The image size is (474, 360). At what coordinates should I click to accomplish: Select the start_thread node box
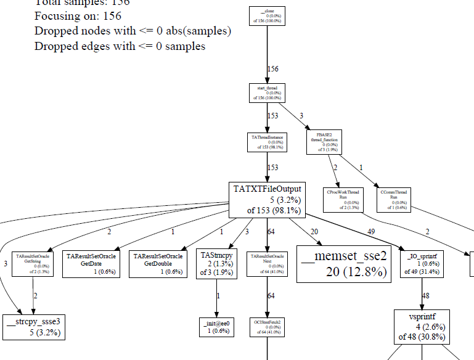pyautogui.click(x=267, y=92)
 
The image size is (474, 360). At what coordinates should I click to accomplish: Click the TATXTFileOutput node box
pyautogui.click(x=267, y=199)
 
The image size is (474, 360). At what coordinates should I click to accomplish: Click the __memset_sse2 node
pyautogui.click(x=343, y=264)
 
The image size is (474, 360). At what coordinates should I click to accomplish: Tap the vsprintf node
pyautogui.click(x=422, y=326)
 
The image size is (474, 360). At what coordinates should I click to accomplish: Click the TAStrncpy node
pyautogui.click(x=216, y=264)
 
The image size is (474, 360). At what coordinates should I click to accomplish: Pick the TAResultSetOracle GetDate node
pyautogui.click(x=91, y=263)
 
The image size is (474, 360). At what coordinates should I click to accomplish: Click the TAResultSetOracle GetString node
pyautogui.click(x=33, y=264)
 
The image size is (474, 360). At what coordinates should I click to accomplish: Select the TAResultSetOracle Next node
pyautogui.click(x=267, y=264)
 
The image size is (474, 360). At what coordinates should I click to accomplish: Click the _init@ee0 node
pyautogui.click(x=216, y=326)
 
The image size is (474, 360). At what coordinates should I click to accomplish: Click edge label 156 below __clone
pyautogui.click(x=272, y=69)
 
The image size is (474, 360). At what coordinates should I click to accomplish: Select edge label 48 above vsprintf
pyautogui.click(x=425, y=296)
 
